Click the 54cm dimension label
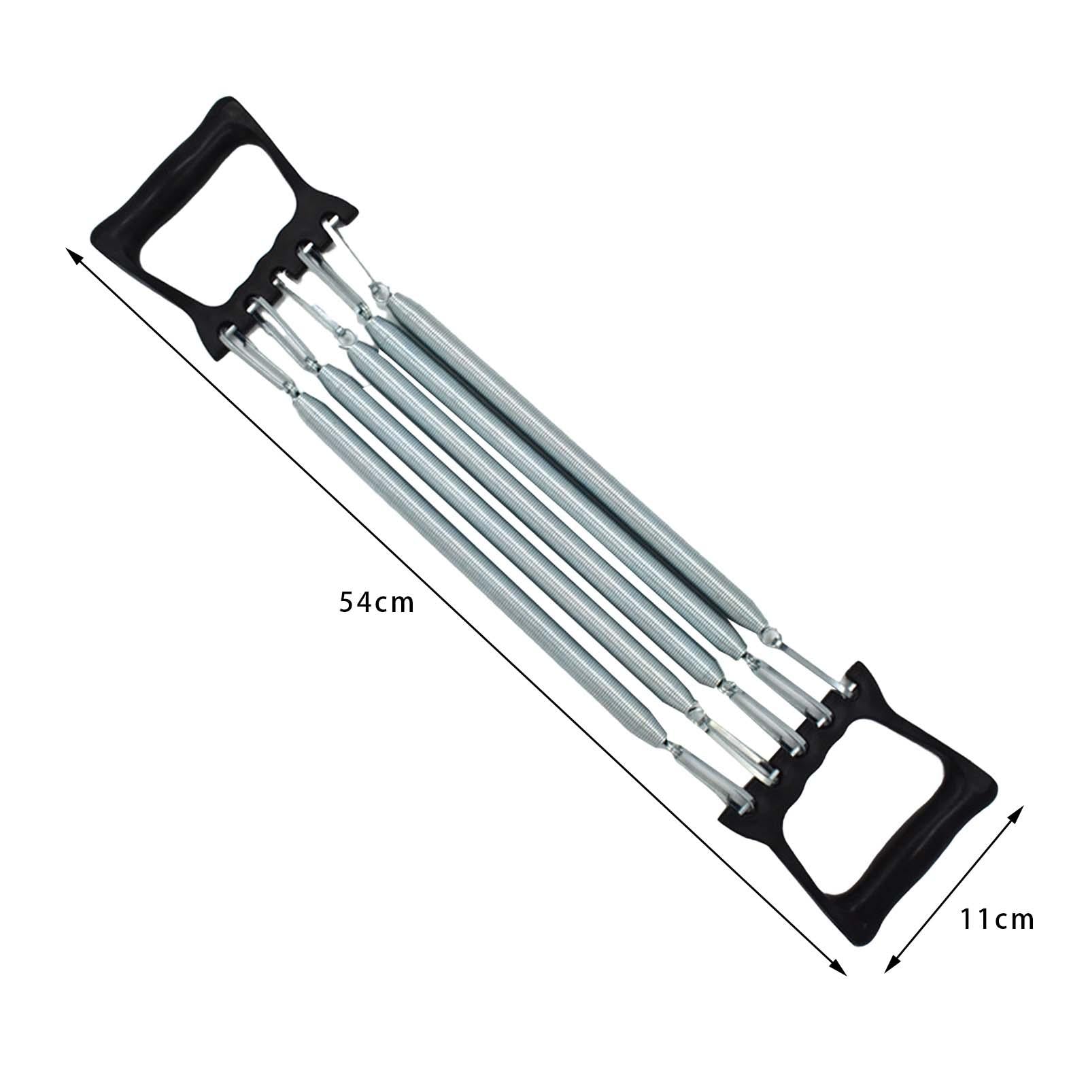376,602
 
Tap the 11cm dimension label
997,919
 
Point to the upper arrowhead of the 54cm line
73,256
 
